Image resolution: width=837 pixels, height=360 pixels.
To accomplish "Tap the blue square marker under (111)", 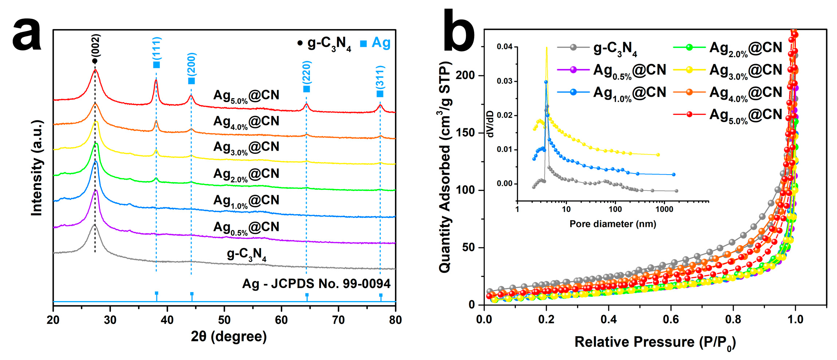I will tap(156, 65).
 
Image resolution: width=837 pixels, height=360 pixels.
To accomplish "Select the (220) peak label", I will tap(307, 72).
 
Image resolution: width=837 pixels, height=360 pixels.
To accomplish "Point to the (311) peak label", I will tap(380, 77).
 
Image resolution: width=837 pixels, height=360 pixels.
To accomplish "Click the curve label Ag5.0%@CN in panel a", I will tap(246, 96).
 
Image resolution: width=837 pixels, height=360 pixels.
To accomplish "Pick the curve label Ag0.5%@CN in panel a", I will tap(246, 228).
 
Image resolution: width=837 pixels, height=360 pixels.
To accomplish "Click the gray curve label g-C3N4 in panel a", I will tap(247, 254).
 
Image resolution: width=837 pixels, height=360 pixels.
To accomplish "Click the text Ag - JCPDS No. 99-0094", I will tap(316, 284).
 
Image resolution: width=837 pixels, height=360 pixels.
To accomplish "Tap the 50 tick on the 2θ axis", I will tap(224, 320).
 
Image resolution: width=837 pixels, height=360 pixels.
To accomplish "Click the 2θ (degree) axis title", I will tap(229, 337).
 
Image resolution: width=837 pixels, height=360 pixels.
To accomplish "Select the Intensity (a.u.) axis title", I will tap(37, 168).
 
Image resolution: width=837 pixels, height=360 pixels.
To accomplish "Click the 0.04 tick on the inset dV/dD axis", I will tap(504, 47).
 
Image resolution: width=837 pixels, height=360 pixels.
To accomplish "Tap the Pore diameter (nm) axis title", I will tap(613, 224).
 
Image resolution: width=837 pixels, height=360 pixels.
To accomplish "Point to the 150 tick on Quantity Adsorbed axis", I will tap(465, 133).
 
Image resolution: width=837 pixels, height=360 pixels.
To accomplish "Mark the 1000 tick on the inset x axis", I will tap(664, 209).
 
